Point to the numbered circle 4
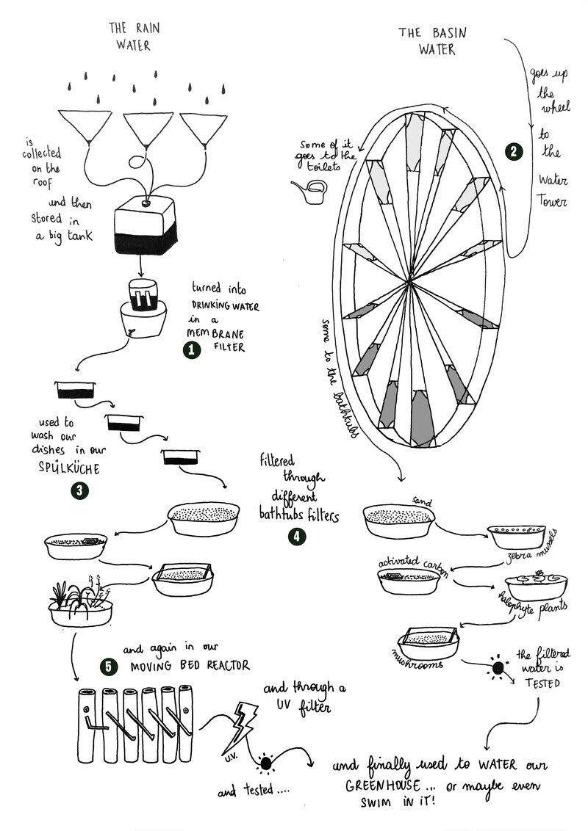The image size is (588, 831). [x=296, y=537]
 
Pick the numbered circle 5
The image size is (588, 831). [x=110, y=666]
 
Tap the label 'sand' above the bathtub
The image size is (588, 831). [x=422, y=502]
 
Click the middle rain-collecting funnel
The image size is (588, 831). [x=148, y=128]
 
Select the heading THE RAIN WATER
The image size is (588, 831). [x=134, y=36]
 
